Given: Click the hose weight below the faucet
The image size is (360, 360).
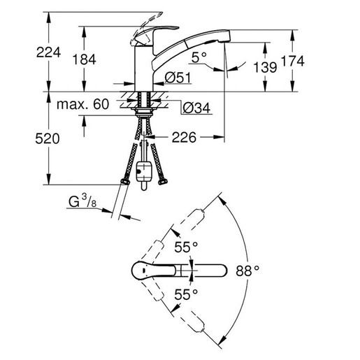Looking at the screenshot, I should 146,171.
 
